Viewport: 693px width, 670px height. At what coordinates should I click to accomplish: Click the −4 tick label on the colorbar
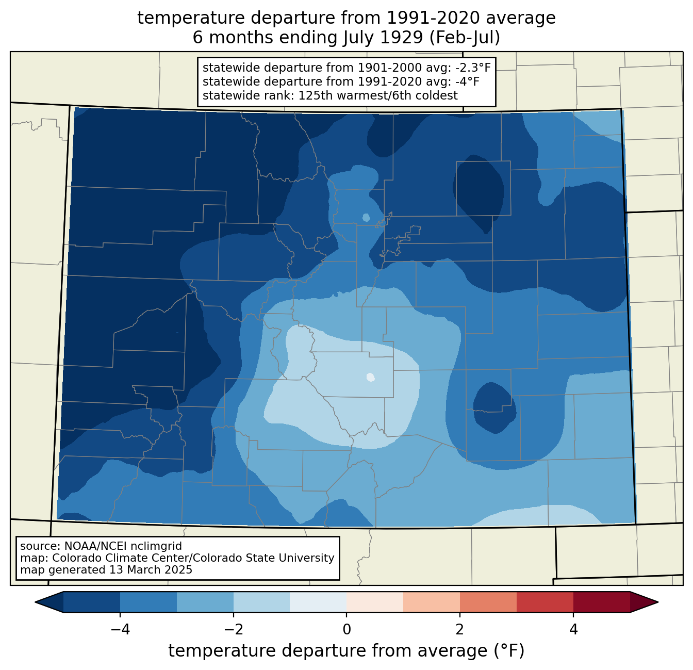point(120,630)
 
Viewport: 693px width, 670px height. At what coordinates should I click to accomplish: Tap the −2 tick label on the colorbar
point(234,630)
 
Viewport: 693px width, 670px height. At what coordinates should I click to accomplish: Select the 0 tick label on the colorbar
point(346,630)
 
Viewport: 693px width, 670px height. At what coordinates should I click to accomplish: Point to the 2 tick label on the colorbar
point(460,630)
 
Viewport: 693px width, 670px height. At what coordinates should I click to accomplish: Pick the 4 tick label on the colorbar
point(573,630)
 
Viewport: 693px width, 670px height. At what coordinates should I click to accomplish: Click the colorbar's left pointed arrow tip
point(35,602)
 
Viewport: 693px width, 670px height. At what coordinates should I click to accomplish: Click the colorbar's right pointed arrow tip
point(658,602)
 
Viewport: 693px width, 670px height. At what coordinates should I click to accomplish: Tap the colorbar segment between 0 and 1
point(375,602)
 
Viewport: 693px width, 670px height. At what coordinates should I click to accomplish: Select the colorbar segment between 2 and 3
point(488,602)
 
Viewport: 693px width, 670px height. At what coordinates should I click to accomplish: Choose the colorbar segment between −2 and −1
point(262,602)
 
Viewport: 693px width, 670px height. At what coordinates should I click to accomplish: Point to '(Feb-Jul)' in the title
point(465,38)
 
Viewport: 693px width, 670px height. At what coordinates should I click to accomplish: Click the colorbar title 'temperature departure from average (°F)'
point(346,651)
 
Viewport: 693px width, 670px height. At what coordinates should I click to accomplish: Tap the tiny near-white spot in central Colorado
point(371,377)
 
